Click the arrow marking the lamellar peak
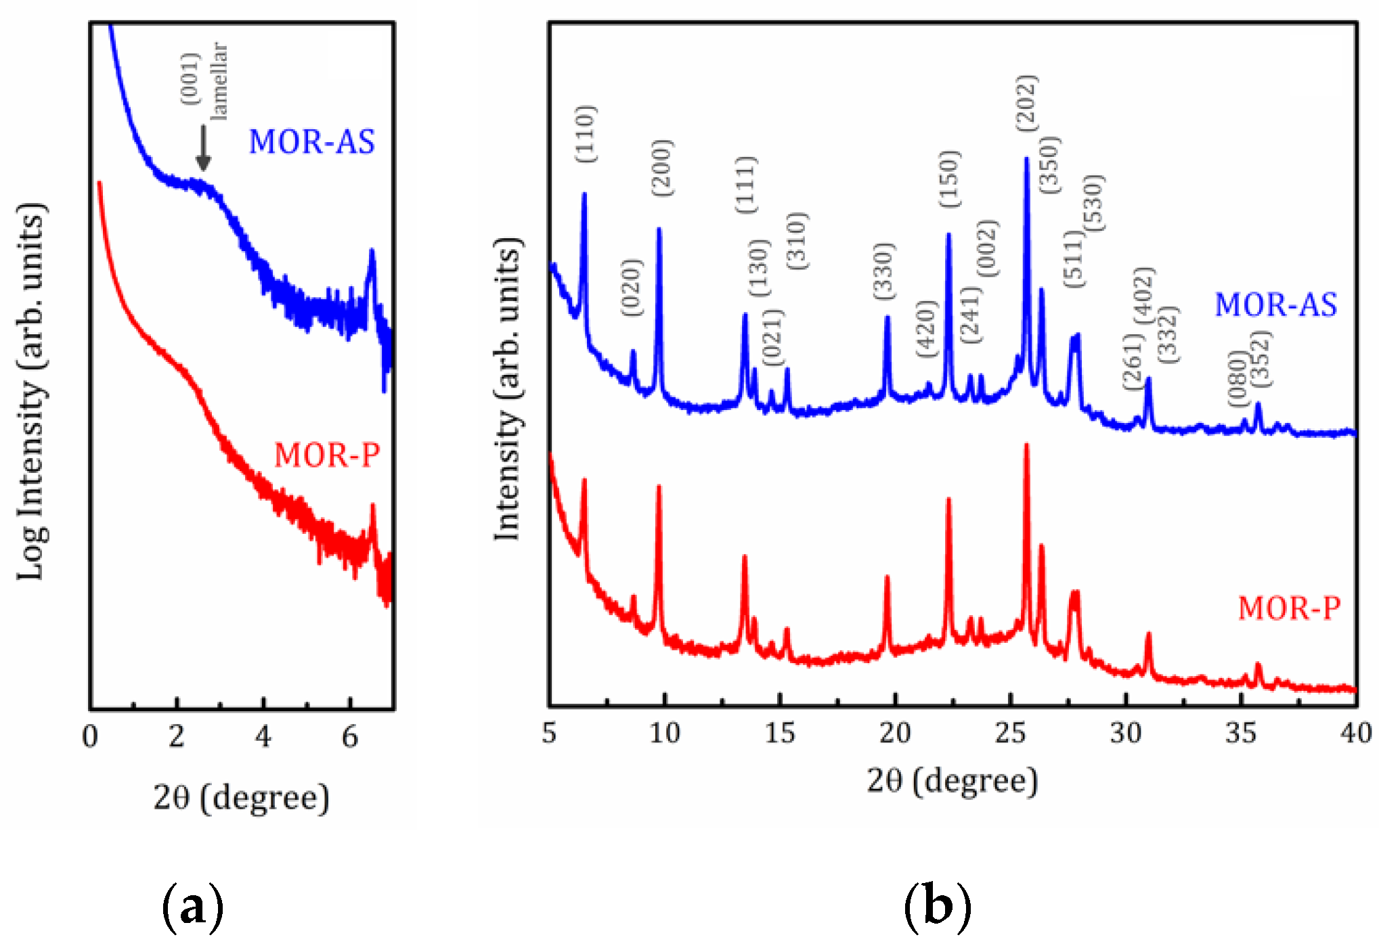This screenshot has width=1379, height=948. tap(203, 148)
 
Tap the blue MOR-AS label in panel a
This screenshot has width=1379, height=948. tap(311, 142)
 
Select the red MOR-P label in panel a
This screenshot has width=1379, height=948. tap(326, 455)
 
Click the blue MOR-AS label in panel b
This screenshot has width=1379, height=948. tap(1275, 305)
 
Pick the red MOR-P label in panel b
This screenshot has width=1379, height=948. tap(1288, 608)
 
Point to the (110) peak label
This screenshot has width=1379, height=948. tap(586, 134)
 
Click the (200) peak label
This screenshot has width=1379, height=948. tap(663, 168)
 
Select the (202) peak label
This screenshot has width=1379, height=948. tap(1026, 103)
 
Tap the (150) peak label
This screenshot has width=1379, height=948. tap(949, 179)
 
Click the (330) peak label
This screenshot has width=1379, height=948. tap(884, 271)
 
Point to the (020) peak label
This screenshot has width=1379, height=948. tap(631, 287)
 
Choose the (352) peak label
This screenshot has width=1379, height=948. tap(1260, 359)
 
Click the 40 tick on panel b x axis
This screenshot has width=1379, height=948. tap(1355, 733)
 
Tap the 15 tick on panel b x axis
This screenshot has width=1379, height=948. tap(780, 733)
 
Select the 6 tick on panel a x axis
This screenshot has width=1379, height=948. tap(350, 737)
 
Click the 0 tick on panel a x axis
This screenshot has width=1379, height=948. tap(90, 737)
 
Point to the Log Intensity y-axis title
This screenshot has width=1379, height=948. tap(31, 391)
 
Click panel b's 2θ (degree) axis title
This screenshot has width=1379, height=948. tap(952, 781)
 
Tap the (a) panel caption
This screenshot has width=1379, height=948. tap(193, 907)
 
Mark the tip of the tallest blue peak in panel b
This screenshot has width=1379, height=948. tap(1026, 158)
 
